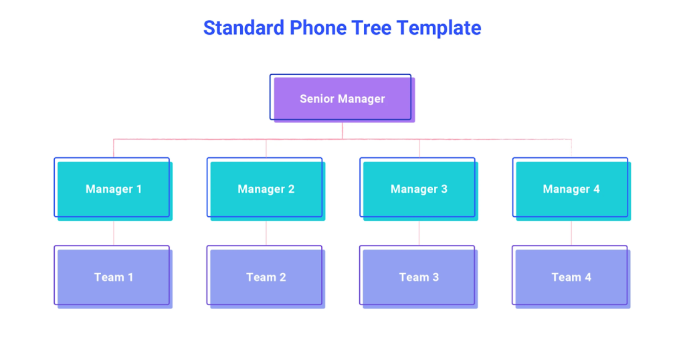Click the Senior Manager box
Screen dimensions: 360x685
(342, 98)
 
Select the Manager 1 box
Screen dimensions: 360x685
(113, 189)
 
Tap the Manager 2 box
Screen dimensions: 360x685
(266, 189)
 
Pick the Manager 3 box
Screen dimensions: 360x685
(419, 189)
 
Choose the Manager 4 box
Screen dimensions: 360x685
(571, 189)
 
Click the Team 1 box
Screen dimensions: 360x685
(113, 277)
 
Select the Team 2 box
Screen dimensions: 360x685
(266, 277)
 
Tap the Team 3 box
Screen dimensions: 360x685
(419, 277)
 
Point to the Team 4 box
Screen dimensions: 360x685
(571, 277)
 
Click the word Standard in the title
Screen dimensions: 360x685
(243, 28)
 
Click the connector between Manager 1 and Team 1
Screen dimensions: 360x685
(113, 232)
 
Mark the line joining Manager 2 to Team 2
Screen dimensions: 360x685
(266, 232)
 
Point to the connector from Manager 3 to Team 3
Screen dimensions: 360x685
(419, 232)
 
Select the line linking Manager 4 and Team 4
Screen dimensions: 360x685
(571, 232)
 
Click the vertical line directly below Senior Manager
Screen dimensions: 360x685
(342, 130)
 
